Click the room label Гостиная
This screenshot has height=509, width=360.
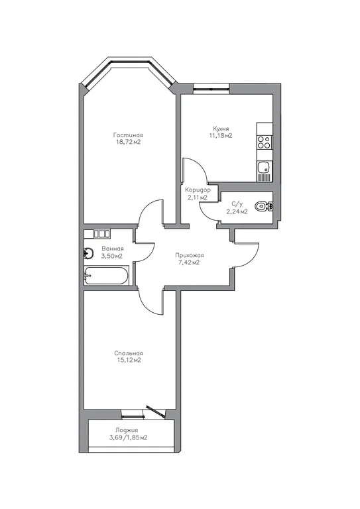click(128, 134)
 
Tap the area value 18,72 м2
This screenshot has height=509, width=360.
click(128, 142)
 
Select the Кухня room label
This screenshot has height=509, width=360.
click(221, 128)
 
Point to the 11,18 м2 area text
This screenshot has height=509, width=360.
click(221, 136)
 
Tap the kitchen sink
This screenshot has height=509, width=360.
click(264, 168)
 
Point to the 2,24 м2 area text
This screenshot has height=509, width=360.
click(237, 211)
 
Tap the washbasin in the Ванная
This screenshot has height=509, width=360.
click(89, 253)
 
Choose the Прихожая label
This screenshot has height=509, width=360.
click(189, 255)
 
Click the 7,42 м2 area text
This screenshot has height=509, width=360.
click(189, 263)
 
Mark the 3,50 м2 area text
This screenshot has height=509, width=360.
click(112, 256)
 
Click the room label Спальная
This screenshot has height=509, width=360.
click(128, 353)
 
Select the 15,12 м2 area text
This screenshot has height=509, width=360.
click(128, 361)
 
